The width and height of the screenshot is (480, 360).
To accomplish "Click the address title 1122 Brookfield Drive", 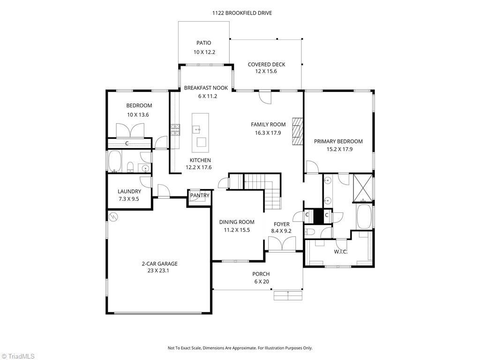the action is pyautogui.click(x=242, y=13).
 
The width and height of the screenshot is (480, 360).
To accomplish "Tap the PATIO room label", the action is pyautogui.click(x=204, y=43).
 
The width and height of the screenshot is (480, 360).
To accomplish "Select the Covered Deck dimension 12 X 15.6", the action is pyautogui.click(x=266, y=71).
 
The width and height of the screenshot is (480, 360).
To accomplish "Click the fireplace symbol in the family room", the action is pyautogui.click(x=297, y=131).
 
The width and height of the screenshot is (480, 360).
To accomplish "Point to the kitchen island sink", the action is pyautogui.click(x=196, y=129).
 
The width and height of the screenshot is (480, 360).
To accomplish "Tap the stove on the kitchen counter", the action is pyautogui.click(x=175, y=129).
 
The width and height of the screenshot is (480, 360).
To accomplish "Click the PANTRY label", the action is pyautogui.click(x=200, y=195).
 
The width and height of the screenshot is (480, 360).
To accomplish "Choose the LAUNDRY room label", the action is pyautogui.click(x=129, y=191).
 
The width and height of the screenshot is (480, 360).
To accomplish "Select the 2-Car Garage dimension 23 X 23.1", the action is pyautogui.click(x=159, y=270).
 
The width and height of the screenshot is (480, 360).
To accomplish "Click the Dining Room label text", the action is pyautogui.click(x=237, y=222).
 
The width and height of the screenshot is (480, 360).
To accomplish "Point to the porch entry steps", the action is pyautogui.click(x=288, y=296).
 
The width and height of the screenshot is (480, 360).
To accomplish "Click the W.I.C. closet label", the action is pyautogui.click(x=341, y=252).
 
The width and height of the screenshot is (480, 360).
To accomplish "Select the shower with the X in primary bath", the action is pyautogui.click(x=363, y=188).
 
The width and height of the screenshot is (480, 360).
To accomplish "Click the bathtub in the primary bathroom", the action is pyautogui.click(x=364, y=217).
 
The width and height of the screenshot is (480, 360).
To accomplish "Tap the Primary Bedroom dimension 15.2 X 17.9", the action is pyautogui.click(x=338, y=150).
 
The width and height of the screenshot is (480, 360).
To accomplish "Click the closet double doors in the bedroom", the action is pyautogui.click(x=130, y=130).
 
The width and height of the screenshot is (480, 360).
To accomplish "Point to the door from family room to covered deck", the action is pyautogui.click(x=265, y=97).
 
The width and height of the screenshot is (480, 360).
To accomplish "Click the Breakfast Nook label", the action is pyautogui.click(x=206, y=88).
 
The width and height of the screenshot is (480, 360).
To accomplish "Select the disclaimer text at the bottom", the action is pyautogui.click(x=240, y=348).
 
